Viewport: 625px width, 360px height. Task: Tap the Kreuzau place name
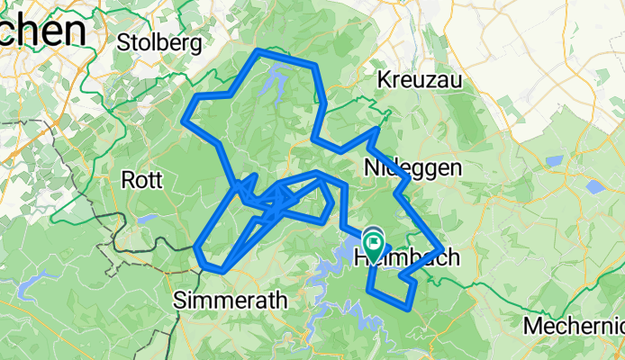421,79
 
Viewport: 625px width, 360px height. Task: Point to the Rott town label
141,180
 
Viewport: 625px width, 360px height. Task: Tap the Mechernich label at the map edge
575,324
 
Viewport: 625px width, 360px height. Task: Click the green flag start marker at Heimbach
373,240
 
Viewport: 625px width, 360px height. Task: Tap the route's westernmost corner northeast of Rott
185,118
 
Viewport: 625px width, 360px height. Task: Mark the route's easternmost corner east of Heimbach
440,248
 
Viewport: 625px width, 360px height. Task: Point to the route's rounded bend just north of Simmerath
208,265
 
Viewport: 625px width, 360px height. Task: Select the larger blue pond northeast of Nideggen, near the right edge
595,187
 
